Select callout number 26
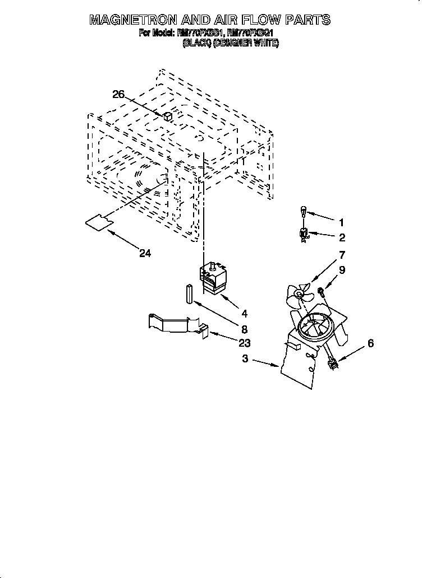pyautogui.click(x=118, y=95)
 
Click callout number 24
pyautogui.click(x=145, y=253)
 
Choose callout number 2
pyautogui.click(x=342, y=237)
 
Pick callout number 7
pyautogui.click(x=342, y=255)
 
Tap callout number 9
pyautogui.click(x=342, y=270)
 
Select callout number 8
pyautogui.click(x=245, y=330)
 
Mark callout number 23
pyautogui.click(x=244, y=343)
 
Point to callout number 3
pyautogui.click(x=245, y=359)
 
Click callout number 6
pyautogui.click(x=370, y=343)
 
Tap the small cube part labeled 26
pyautogui.click(x=167, y=116)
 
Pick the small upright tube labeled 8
pyautogui.click(x=190, y=293)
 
